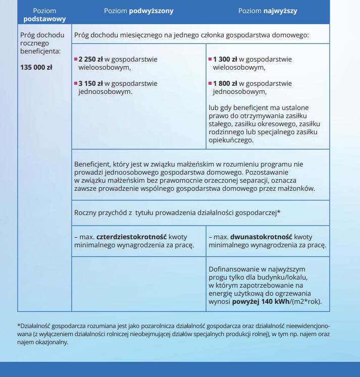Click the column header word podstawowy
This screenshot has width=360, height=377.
(44, 19)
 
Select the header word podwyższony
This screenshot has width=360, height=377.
(150, 10)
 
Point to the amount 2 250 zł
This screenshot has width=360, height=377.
(91, 59)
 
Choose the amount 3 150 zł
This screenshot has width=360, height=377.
(91, 83)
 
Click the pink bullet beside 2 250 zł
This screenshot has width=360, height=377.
(76, 59)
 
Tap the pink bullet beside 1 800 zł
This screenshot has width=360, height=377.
(210, 83)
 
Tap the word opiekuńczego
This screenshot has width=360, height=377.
(230, 140)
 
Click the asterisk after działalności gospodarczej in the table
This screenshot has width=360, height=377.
(279, 212)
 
